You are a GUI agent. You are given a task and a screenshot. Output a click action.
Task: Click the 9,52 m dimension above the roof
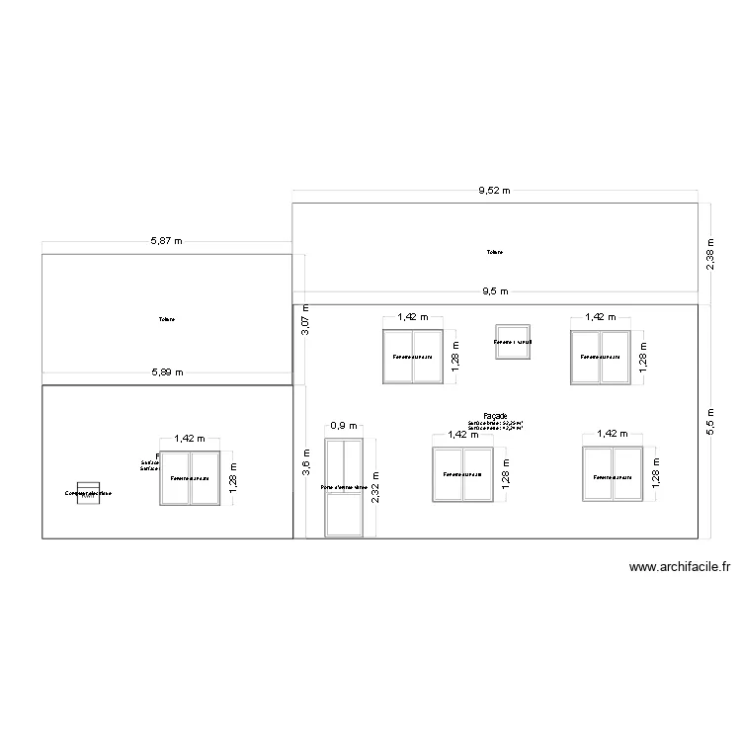click(495, 192)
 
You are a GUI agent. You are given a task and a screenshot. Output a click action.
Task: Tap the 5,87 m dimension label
click(167, 241)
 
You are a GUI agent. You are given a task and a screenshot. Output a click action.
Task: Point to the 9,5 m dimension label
click(495, 291)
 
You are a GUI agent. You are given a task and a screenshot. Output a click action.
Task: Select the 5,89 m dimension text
click(167, 372)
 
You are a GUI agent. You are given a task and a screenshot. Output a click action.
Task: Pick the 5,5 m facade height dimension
click(710, 419)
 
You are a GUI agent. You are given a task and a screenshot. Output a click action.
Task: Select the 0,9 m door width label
click(344, 426)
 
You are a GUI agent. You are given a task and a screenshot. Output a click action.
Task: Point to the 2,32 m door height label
click(375, 487)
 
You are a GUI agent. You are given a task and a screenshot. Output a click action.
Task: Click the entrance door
click(344, 488)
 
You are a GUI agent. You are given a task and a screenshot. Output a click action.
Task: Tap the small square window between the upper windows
click(513, 342)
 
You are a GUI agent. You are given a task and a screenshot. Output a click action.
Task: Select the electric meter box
click(88, 493)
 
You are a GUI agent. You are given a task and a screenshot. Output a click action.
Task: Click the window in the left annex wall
click(190, 478)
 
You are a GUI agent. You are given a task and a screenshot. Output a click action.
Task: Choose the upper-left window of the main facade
click(413, 357)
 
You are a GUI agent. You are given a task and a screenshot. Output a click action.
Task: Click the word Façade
click(495, 416)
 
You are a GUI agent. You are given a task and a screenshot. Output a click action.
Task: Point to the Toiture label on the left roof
click(166, 319)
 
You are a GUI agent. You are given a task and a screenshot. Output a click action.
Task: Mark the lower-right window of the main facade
click(613, 475)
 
